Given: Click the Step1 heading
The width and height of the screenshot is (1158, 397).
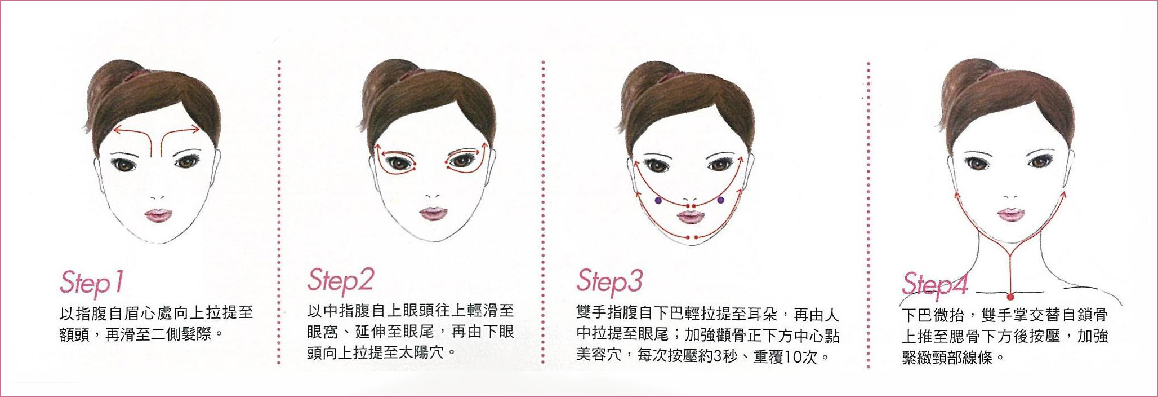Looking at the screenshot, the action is coord(91,283).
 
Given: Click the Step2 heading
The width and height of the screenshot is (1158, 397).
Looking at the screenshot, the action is coord(340,281).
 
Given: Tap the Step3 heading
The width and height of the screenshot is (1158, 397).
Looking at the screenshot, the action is coord(609,281).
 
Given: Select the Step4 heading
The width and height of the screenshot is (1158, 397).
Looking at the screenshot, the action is coord(934,284).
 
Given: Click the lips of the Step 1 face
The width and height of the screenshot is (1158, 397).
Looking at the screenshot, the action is coord(159,216).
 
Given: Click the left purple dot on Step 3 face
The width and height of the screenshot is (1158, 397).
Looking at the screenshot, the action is coord(657,200).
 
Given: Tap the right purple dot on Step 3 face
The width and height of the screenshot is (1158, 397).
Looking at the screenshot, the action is coord(721,199).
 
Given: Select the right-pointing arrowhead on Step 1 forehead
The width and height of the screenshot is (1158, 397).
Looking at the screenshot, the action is coord(195,129).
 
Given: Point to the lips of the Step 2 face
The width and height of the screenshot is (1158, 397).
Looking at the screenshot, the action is coord(433,214).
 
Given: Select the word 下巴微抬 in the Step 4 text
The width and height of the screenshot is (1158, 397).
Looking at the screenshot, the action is coord(931,315).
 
